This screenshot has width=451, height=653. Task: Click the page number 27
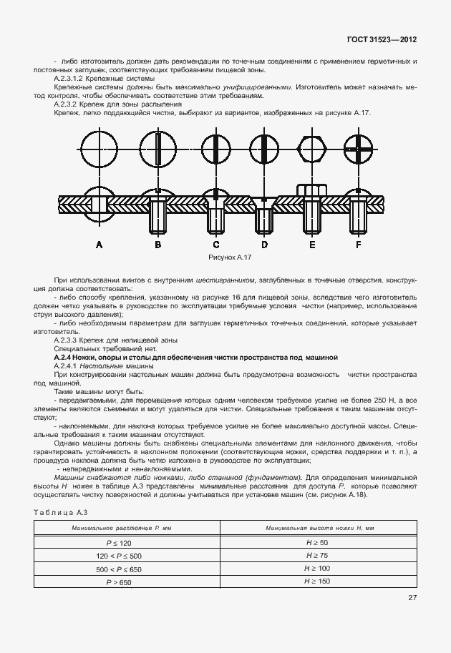coord(412,599)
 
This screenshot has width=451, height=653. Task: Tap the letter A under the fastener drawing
coord(99,245)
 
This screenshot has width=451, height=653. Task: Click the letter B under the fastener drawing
coord(157,245)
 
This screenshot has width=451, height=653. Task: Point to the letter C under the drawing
coord(215,245)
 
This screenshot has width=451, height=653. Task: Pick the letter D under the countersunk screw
coord(264,245)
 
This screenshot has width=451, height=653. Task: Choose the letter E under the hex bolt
coord(312,245)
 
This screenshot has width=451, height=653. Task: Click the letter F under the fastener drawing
coord(358,245)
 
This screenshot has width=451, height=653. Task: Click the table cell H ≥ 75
coord(317,555)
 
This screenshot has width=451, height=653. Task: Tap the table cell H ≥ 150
coord(317,581)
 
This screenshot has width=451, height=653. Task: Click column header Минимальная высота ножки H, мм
coord(317,528)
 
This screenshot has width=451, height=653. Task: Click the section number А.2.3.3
coord(69,340)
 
